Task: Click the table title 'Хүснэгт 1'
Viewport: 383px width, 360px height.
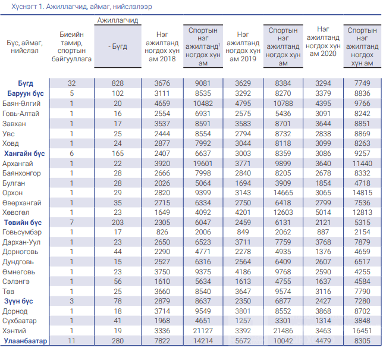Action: (27, 7)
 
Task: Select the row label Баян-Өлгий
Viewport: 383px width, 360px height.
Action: (21, 104)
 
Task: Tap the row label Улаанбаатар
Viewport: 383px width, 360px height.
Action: (26, 341)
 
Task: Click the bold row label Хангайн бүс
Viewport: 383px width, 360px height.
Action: (24, 154)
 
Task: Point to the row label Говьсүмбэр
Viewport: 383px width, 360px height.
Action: (22, 232)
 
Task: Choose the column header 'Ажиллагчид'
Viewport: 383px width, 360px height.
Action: (118, 20)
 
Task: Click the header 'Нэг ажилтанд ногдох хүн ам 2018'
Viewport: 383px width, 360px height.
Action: (162, 46)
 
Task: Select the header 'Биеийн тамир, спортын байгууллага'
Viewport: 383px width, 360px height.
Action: (71, 46)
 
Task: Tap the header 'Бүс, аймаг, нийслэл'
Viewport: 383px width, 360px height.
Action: (24, 46)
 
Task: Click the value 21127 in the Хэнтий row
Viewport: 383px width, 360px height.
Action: (203, 331)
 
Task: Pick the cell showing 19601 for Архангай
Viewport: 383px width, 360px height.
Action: (203, 164)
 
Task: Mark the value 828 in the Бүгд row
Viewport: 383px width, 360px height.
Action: (118, 83)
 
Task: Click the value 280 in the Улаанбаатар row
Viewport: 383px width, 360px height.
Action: (118, 341)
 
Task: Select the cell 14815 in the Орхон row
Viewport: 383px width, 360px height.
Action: (362, 193)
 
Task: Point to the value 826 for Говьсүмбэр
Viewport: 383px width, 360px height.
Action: (162, 232)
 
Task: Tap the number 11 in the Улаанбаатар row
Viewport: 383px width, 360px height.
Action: (71, 341)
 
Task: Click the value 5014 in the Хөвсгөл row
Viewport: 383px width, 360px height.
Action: (323, 212)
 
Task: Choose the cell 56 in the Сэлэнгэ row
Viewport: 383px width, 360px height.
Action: (118, 281)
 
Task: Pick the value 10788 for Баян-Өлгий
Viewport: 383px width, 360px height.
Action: (283, 104)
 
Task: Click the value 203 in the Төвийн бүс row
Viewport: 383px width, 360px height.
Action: (118, 223)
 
